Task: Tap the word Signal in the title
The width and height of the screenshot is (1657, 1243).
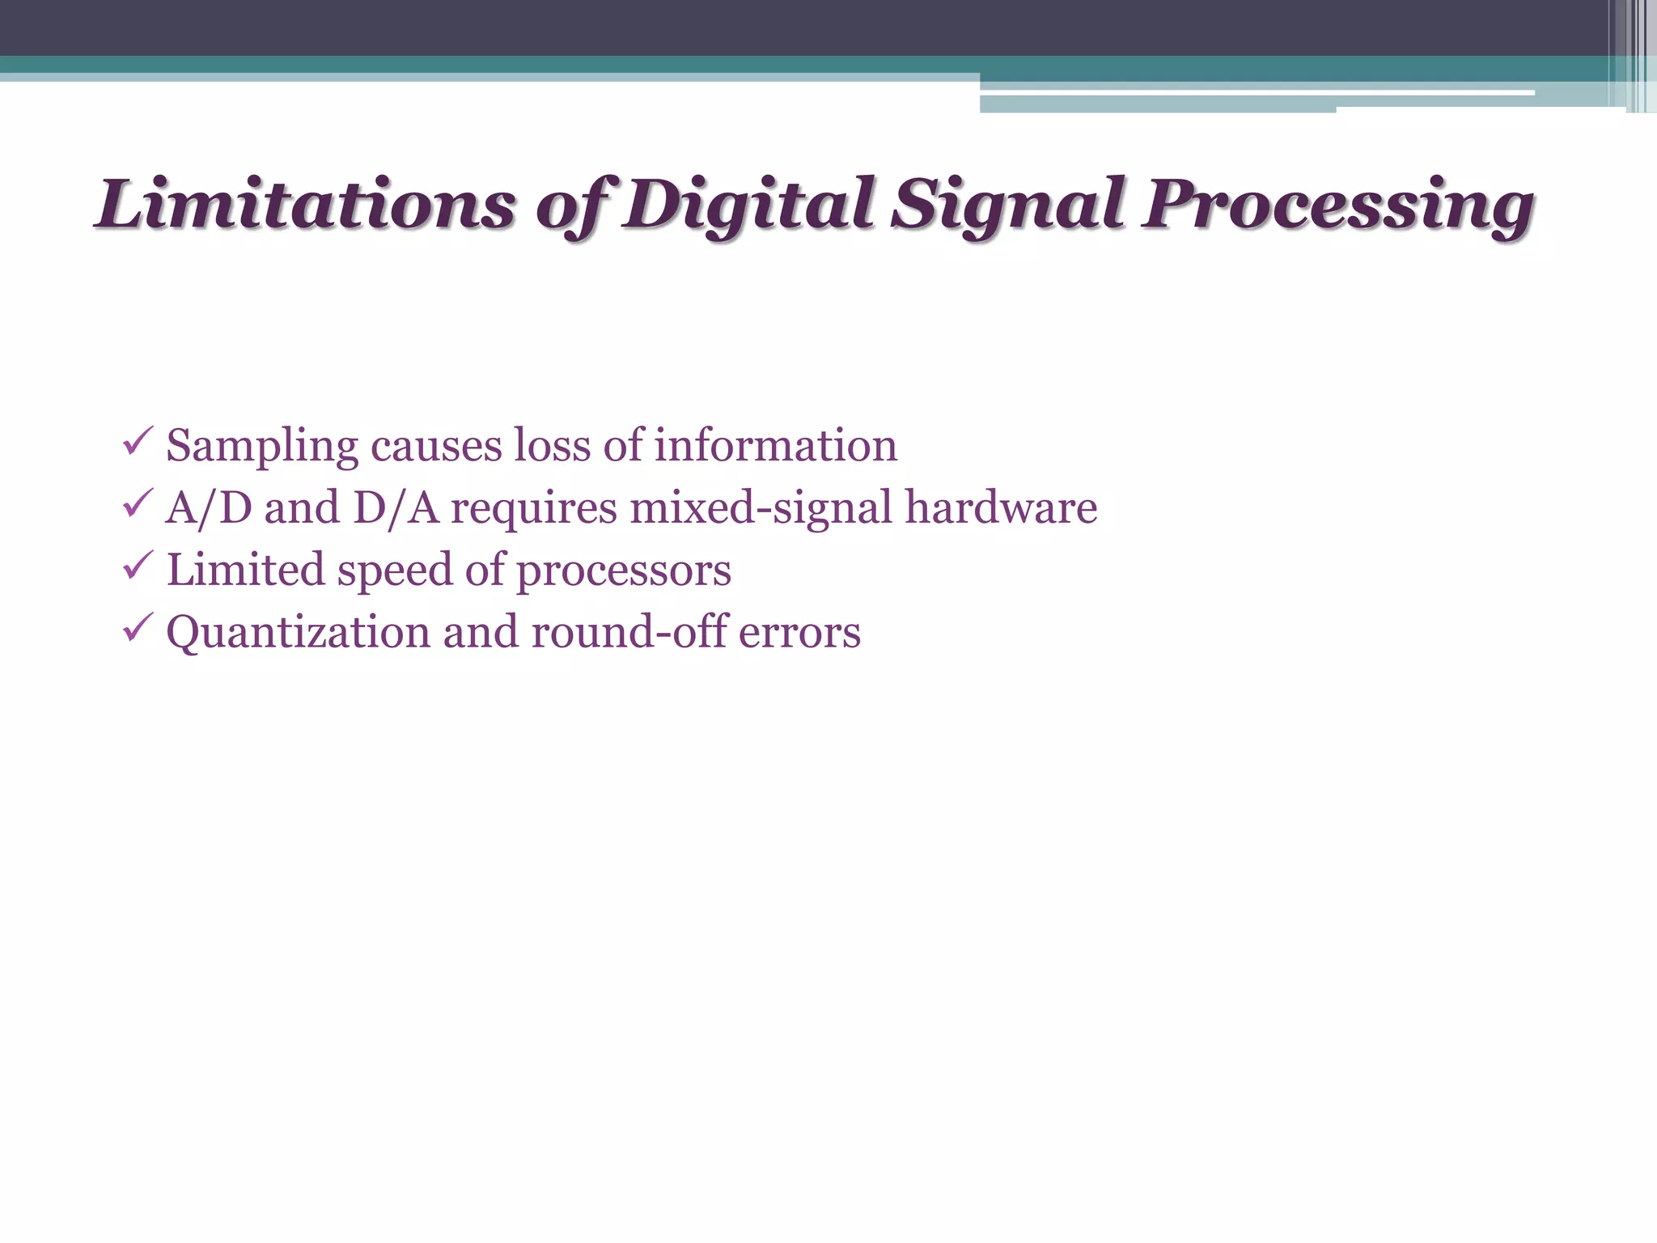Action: pos(1007,204)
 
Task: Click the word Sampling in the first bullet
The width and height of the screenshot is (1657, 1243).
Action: pos(262,447)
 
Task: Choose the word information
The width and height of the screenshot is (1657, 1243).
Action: pos(775,445)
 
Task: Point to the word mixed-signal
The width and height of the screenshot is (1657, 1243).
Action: pos(761,508)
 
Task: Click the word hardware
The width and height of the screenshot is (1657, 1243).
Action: pos(1001,507)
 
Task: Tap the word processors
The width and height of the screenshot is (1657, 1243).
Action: pos(624,571)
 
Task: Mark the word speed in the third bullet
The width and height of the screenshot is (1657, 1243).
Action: pos(395,571)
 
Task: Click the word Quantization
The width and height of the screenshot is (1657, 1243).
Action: pos(298,632)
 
